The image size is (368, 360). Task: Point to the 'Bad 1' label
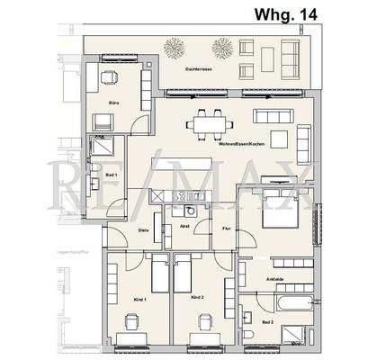(x=112, y=175)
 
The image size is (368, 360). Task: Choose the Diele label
(x=144, y=231)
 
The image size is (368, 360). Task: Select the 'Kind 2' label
(x=199, y=297)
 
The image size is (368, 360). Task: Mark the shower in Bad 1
(x=101, y=147)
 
